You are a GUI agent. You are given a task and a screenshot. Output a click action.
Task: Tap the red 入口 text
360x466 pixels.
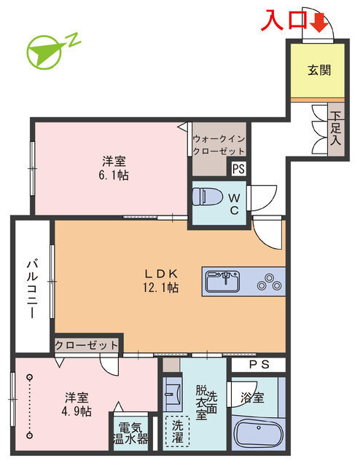[283, 20]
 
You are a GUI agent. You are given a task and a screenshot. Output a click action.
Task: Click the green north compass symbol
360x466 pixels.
[50, 51]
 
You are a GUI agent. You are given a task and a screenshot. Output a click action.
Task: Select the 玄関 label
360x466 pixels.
[319, 70]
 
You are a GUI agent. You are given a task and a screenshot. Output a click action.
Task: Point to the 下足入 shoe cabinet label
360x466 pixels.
[336, 128]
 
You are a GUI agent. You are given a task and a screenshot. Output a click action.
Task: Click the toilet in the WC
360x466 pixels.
[208, 196]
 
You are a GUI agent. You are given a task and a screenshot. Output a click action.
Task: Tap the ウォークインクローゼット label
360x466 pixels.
[219, 145]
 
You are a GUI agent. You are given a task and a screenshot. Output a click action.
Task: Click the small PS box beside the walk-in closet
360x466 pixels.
[238, 169]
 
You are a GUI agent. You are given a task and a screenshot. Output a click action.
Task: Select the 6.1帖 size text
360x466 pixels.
[114, 175]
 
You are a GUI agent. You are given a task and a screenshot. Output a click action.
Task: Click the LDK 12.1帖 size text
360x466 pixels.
[160, 288]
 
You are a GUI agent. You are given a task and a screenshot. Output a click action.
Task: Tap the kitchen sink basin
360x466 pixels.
[222, 282]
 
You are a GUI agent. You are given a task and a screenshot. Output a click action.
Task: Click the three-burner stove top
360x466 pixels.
[269, 283]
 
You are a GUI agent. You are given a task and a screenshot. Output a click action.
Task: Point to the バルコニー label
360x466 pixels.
[33, 289]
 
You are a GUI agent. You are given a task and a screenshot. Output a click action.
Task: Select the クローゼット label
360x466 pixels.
[87, 345]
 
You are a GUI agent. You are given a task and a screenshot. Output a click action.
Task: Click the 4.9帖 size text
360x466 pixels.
[77, 411]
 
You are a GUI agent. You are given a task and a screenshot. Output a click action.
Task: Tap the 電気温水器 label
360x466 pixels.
[130, 433]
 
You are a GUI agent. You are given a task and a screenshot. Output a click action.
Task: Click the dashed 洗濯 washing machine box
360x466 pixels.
[177, 431]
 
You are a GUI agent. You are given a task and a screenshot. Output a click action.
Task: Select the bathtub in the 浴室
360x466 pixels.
[259, 433]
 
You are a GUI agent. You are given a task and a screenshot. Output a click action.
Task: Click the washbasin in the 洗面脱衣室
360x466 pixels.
[173, 394]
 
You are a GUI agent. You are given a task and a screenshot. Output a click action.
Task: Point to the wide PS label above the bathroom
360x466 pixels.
[259, 365]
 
